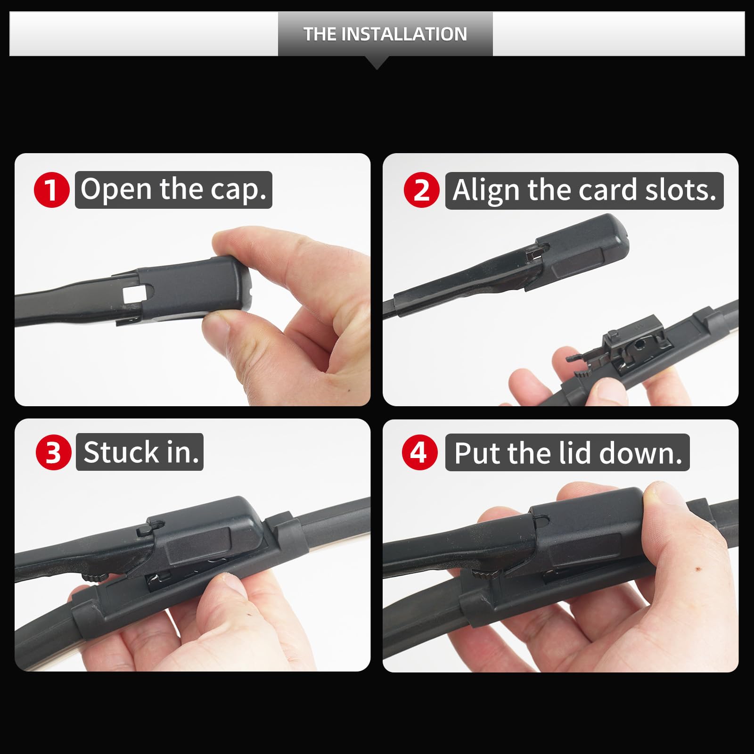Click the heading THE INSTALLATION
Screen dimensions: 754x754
click(x=385, y=34)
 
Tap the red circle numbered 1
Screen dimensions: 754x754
click(x=52, y=190)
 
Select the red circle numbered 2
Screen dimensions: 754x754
click(x=422, y=190)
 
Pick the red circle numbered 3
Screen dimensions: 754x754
click(x=53, y=452)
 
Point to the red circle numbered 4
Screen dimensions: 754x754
click(x=419, y=452)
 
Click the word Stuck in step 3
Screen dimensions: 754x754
click(x=121, y=452)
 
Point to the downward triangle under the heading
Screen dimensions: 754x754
click(x=377, y=63)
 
